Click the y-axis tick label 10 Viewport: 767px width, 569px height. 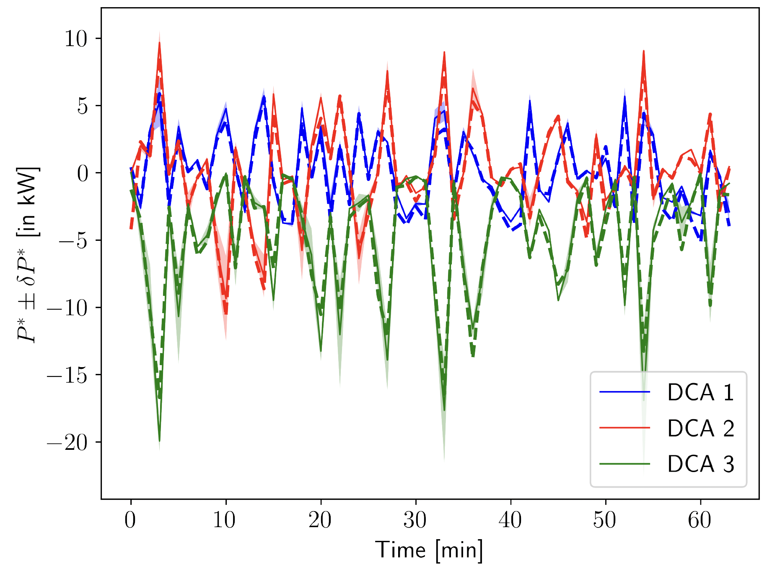coord(75,39)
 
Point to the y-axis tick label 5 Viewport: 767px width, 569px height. coord(83,106)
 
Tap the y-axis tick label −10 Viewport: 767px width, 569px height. coord(67,308)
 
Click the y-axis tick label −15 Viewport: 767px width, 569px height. coord(67,375)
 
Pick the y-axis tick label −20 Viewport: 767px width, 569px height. coord(67,443)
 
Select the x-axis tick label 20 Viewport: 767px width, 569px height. coord(320,520)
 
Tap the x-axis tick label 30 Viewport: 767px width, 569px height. coord(415,520)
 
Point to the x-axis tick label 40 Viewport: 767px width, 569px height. coord(510,520)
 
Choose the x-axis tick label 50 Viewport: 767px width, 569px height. coord(605,520)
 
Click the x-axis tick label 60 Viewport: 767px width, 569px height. coord(700,520)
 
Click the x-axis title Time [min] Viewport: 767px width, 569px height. coord(429,550)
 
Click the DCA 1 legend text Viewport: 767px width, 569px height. coord(700,393)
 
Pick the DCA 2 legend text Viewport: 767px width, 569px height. coord(700,428)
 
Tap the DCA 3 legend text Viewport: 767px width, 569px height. coord(700,464)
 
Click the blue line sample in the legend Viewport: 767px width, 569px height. coord(624,392)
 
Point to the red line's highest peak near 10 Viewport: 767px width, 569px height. coord(159,43)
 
